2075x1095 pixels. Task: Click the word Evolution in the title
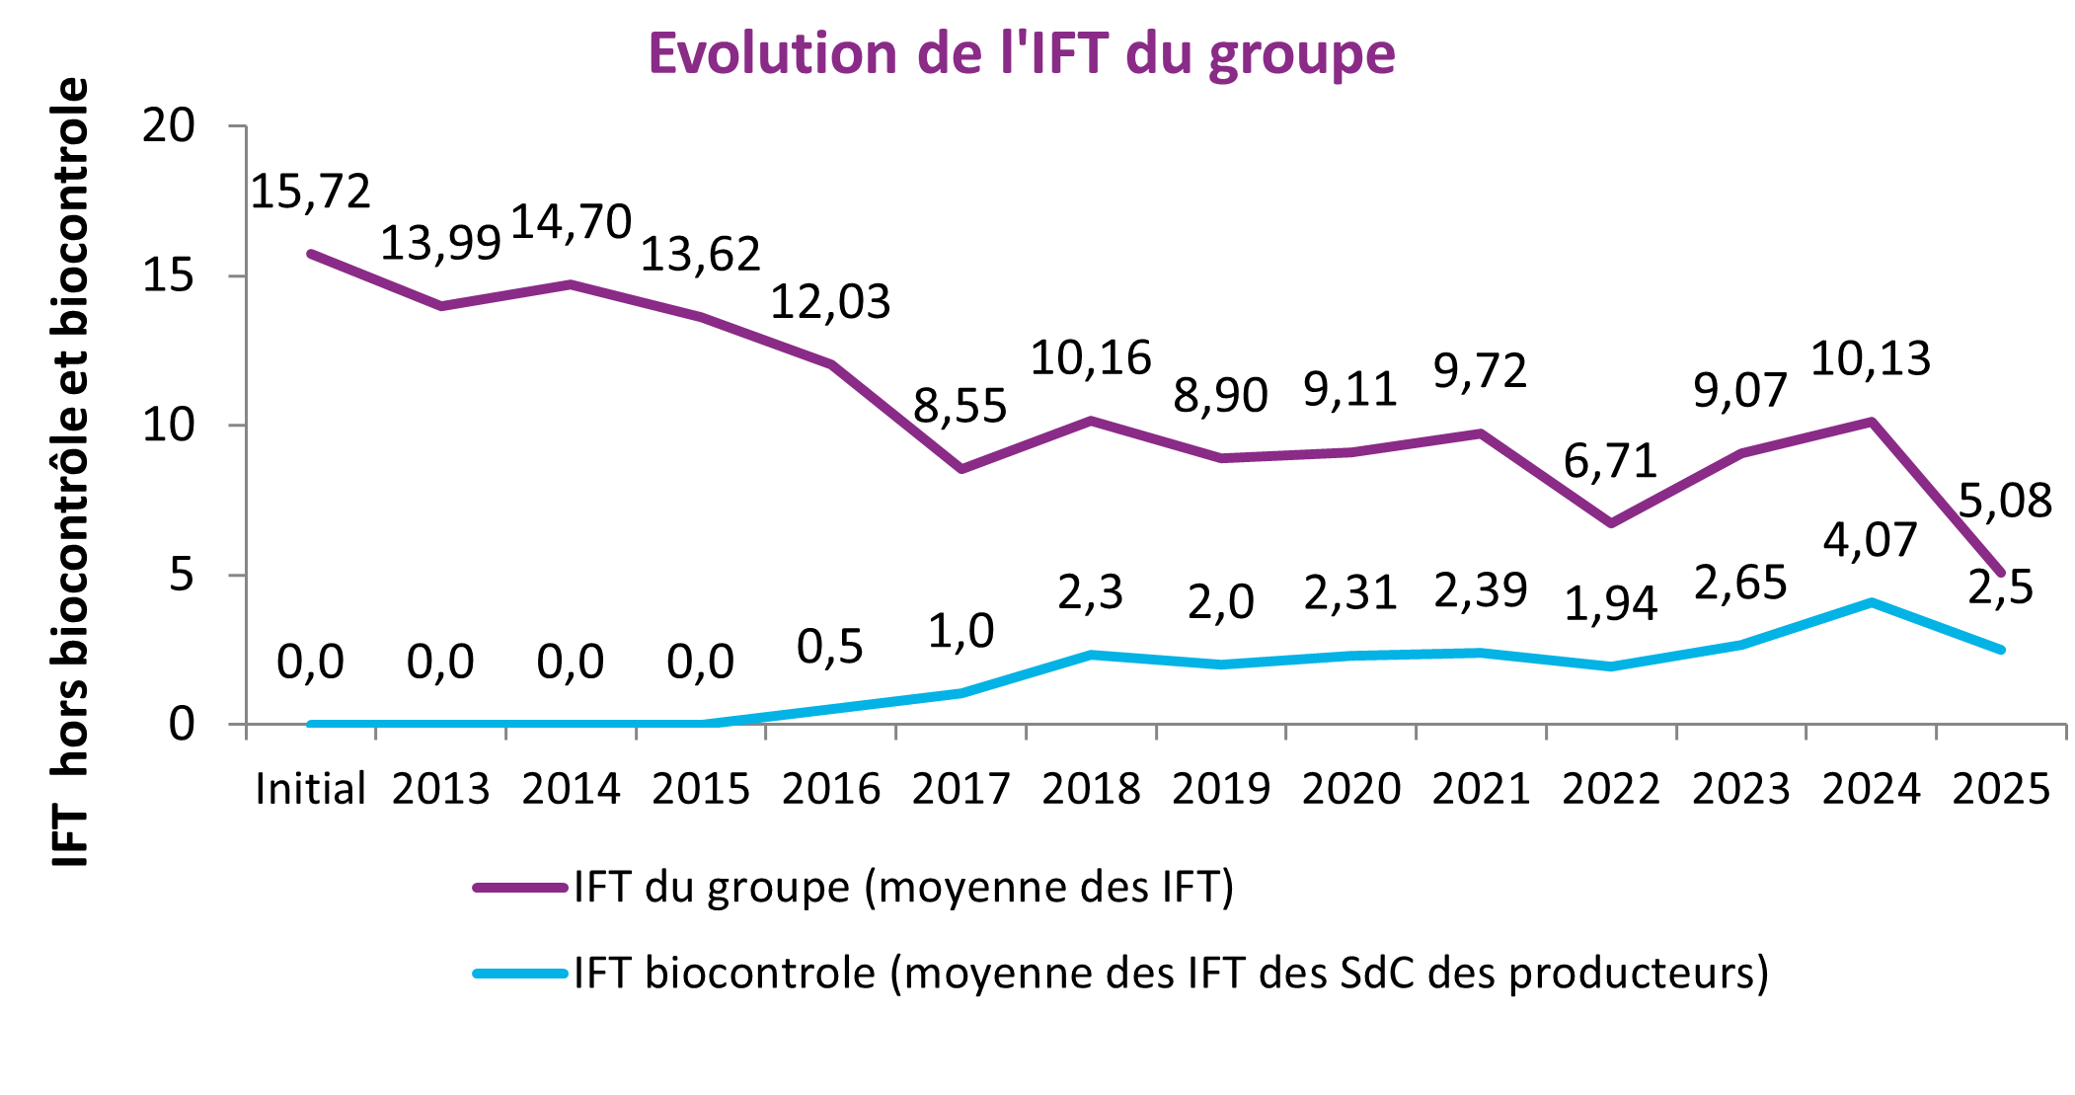pyautogui.click(x=772, y=53)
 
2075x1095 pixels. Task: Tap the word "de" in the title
pyautogui.click(x=950, y=53)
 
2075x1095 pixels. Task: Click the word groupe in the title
pyautogui.click(x=1302, y=57)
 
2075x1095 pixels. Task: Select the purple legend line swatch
pyautogui.click(x=520, y=888)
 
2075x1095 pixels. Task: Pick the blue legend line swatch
pyautogui.click(x=520, y=974)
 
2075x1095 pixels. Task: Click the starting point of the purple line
pyautogui.click(x=311, y=254)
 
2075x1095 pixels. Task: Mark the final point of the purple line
pyautogui.click(x=2001, y=573)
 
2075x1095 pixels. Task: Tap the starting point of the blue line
pyautogui.click(x=311, y=725)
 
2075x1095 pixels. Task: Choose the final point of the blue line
pyautogui.click(x=2001, y=650)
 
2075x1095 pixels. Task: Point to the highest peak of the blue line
pyautogui.click(x=1872, y=602)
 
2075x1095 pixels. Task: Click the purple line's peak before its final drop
pyautogui.click(x=1872, y=422)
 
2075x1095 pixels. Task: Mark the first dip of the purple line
pyautogui.click(x=441, y=306)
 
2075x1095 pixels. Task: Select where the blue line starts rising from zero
pyautogui.click(x=701, y=724)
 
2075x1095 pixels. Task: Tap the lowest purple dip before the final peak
pyautogui.click(x=1611, y=523)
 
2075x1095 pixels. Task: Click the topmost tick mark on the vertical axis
pyautogui.click(x=237, y=126)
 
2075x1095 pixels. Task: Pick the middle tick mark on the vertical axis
pyautogui.click(x=237, y=426)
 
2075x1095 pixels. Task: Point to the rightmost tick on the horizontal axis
pyautogui.click(x=2066, y=732)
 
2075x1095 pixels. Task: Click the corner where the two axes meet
pyautogui.click(x=246, y=725)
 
